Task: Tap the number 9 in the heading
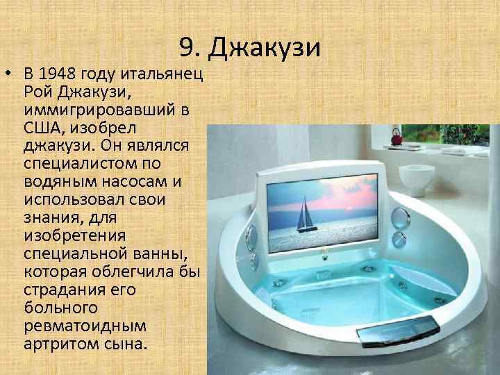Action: tap(185, 47)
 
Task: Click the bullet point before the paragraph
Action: tap(10, 75)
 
